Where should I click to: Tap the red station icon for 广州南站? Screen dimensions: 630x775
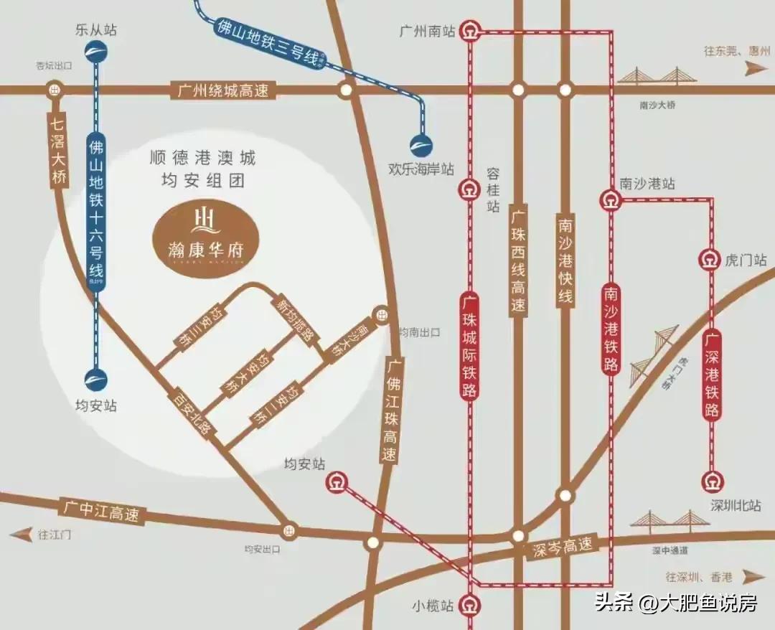470,32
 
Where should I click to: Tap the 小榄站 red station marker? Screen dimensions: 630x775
470,604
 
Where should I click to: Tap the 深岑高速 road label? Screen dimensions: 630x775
564,547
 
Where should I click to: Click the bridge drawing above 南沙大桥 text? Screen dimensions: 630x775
654,76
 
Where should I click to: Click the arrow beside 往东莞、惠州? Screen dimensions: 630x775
754,67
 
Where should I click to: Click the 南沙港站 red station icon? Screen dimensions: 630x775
609,200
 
